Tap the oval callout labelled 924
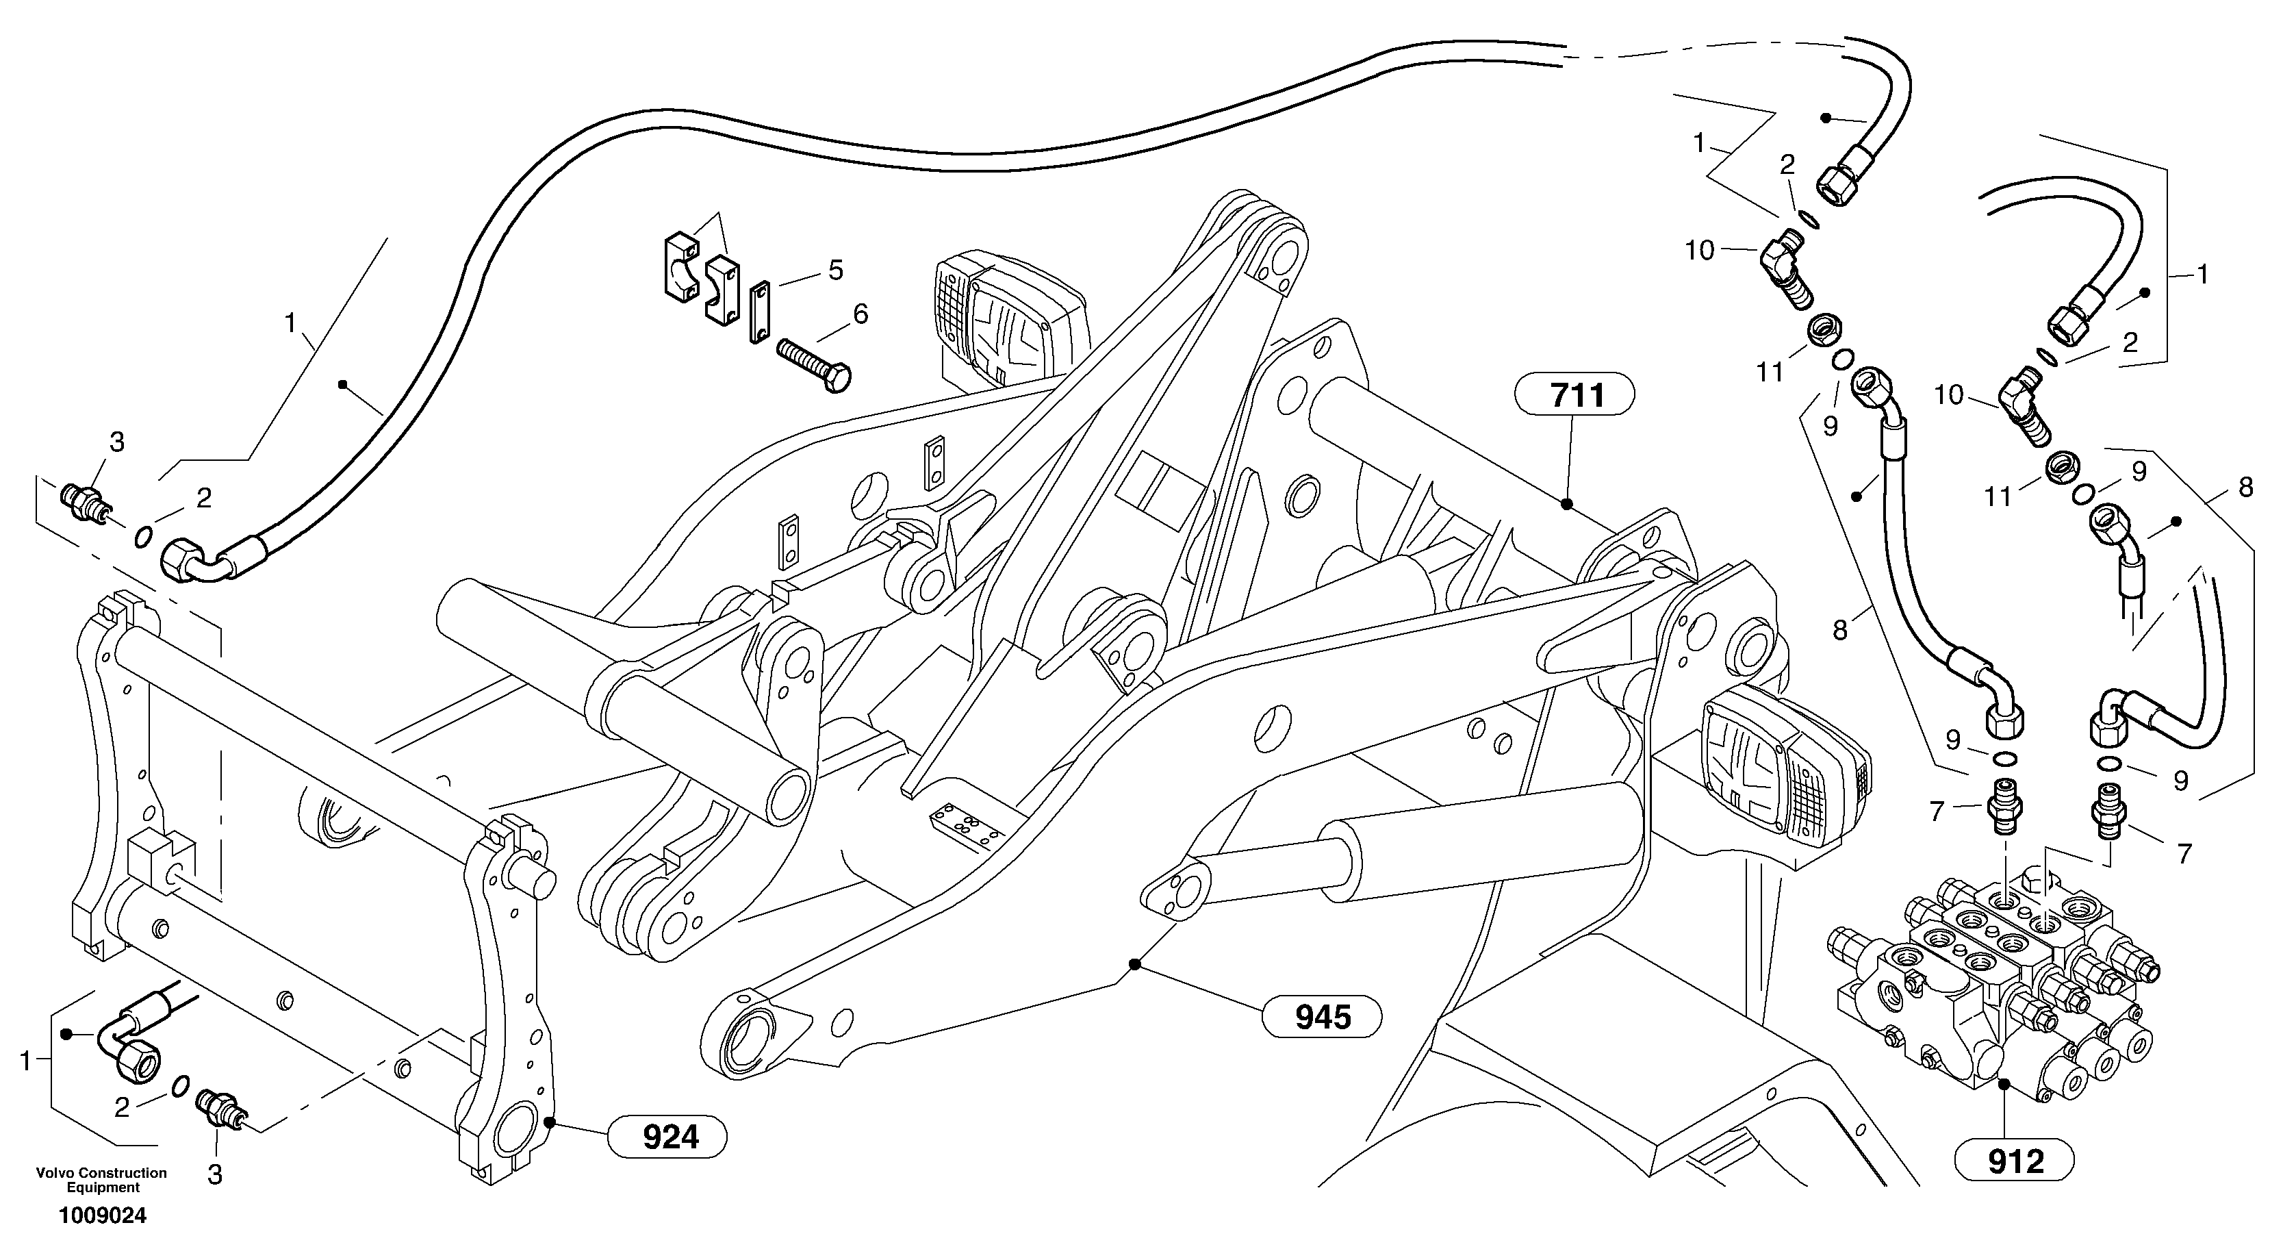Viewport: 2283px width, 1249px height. [670, 1137]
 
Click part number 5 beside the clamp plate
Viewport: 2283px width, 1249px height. [836, 270]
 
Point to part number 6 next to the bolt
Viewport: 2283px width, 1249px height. [860, 313]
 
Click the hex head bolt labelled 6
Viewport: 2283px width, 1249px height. [813, 364]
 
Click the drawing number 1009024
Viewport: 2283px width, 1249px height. [103, 1216]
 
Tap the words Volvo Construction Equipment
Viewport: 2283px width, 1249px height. [101, 1180]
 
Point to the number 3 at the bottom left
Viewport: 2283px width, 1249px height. [214, 1174]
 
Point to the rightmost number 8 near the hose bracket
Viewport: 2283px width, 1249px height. [2245, 487]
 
